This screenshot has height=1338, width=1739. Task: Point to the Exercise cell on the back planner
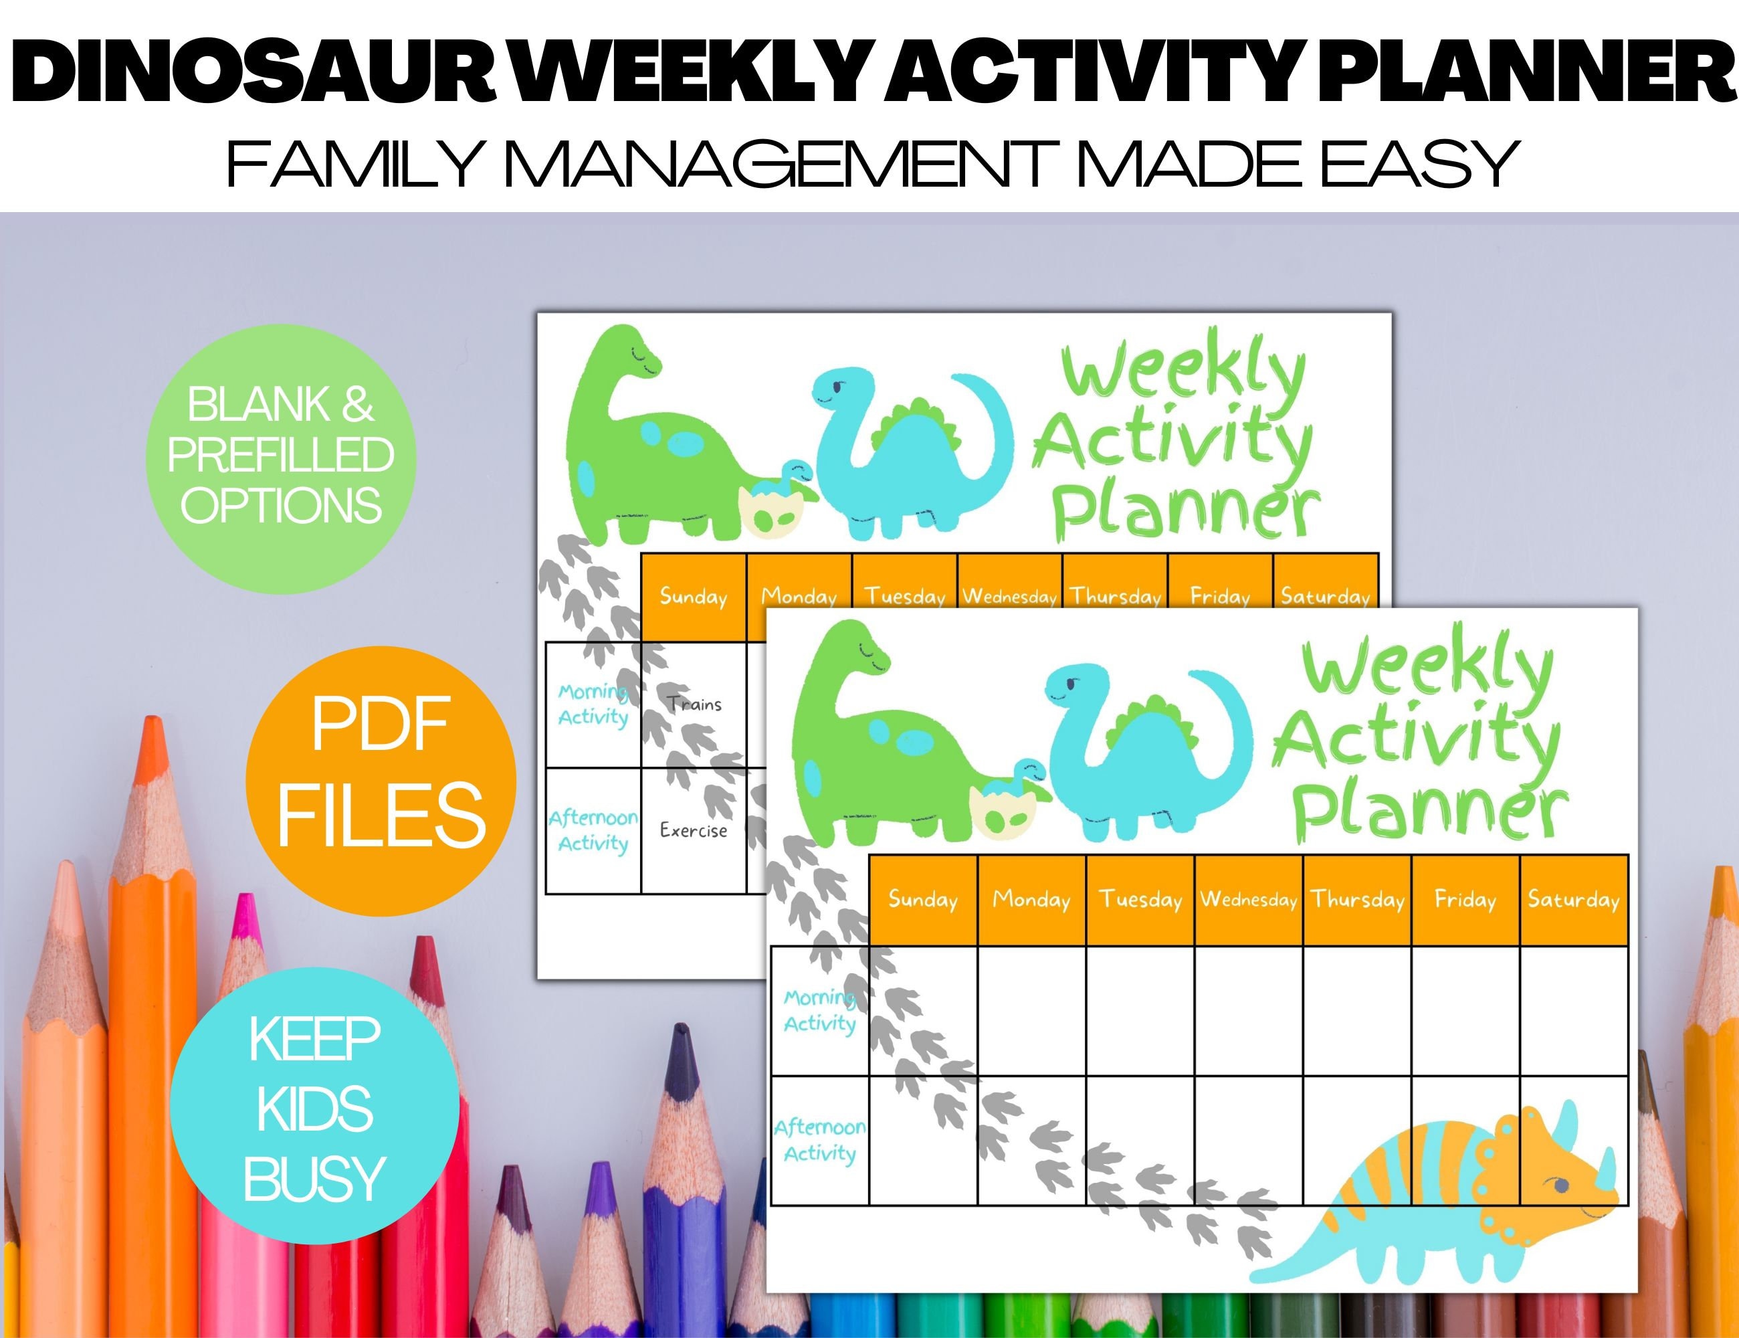click(x=693, y=831)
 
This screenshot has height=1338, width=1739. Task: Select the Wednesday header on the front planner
click(x=1247, y=900)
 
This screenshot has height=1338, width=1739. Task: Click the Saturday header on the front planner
click(x=1573, y=900)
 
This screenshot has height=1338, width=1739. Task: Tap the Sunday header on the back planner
click(x=693, y=597)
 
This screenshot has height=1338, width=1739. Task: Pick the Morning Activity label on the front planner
click(x=819, y=1010)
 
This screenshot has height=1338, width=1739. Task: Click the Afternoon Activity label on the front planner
click(x=819, y=1140)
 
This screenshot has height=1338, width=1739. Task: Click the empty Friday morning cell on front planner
click(x=1465, y=1011)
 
